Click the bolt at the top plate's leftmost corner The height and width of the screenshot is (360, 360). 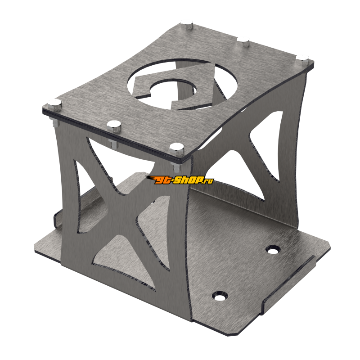pyautogui.click(x=54, y=103)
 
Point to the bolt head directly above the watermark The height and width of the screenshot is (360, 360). pyautogui.click(x=175, y=147)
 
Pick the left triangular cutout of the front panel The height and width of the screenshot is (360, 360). pyautogui.click(x=85, y=184)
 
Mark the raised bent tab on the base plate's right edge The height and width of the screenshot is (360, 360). pyautogui.click(x=292, y=281)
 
